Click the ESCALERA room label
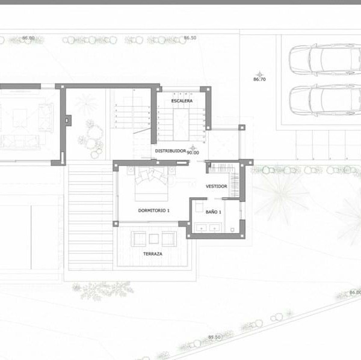[182, 101]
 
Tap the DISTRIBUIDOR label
[170, 151]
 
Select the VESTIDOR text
[216, 186]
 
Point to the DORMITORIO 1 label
[154, 210]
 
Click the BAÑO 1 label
[213, 212]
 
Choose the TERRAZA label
[153, 254]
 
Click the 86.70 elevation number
[259, 79]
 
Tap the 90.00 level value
[193, 153]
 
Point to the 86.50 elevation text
[190, 38]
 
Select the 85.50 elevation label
[214, 337]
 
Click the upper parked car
[325, 59]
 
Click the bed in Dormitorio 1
[151, 184]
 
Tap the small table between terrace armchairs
[154, 239]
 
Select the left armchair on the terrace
[138, 239]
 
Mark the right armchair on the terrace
[169, 239]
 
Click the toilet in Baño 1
[232, 230]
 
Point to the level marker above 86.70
[260, 75]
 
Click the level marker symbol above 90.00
[193, 148]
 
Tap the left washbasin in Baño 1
[202, 228]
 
